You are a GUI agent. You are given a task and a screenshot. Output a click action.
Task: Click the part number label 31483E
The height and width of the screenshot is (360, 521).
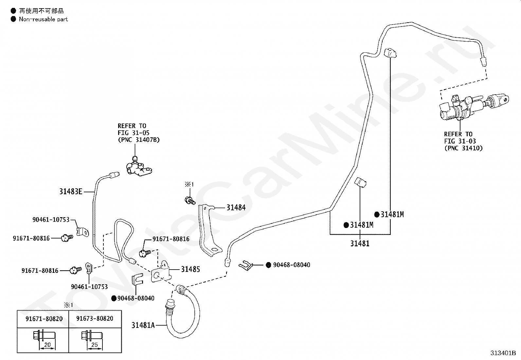pyautogui.click(x=71, y=191)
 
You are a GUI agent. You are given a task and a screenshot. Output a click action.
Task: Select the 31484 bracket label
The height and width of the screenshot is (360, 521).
pyautogui.click(x=236, y=207)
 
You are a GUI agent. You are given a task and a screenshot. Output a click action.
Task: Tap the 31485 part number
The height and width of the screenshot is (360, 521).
pyautogui.click(x=190, y=269)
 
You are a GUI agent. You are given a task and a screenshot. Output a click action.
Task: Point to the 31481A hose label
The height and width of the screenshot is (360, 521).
pyautogui.click(x=143, y=325)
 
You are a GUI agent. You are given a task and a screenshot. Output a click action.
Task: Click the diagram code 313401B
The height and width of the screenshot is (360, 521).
pyautogui.click(x=503, y=353)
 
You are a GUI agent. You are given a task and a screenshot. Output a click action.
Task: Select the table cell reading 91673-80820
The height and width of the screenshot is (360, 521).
pyautogui.click(x=95, y=318)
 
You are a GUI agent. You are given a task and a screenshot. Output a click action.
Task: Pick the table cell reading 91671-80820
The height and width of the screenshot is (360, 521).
pyautogui.click(x=44, y=318)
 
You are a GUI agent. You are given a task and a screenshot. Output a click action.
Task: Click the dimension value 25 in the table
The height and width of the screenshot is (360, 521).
pyautogui.click(x=95, y=345)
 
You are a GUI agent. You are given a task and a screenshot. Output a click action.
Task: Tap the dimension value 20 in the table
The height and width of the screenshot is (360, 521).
pyautogui.click(x=47, y=345)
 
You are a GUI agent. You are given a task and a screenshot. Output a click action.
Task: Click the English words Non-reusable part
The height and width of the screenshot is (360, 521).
pyautogui.click(x=43, y=19)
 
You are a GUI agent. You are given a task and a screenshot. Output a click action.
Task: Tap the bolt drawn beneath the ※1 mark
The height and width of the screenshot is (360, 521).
pyautogui.click(x=190, y=201)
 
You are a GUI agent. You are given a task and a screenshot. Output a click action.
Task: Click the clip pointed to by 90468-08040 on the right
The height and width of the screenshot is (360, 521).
pyautogui.click(x=246, y=265)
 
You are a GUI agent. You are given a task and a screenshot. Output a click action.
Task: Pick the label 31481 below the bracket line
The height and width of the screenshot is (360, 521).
pyautogui.click(x=360, y=243)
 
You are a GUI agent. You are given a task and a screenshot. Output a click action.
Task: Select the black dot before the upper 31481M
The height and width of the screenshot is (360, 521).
pyautogui.click(x=377, y=215)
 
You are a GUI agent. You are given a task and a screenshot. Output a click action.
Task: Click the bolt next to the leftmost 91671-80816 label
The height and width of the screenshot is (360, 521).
pyautogui.click(x=67, y=238)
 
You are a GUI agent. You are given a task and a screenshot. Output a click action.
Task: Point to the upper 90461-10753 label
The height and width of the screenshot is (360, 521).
pyautogui.click(x=51, y=219)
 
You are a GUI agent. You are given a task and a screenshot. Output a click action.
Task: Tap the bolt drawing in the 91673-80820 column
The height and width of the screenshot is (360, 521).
pyautogui.click(x=92, y=336)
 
